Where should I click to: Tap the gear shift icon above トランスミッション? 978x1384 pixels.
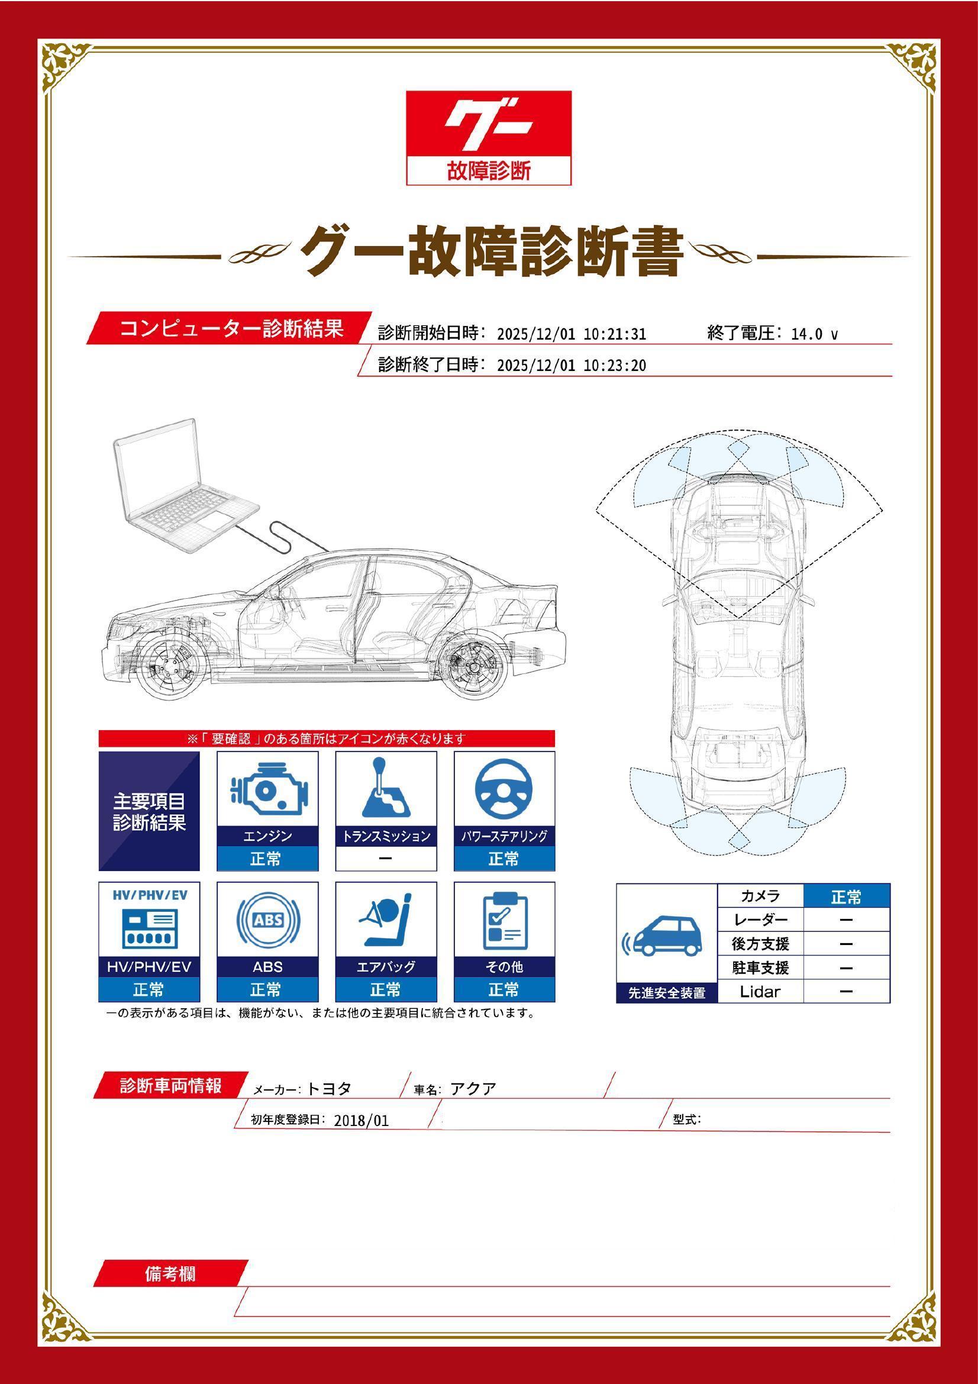(386, 790)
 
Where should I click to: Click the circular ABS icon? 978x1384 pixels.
(267, 921)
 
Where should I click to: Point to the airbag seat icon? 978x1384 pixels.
(386, 921)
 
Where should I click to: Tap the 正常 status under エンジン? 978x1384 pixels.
(267, 859)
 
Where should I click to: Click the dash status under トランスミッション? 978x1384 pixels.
(386, 859)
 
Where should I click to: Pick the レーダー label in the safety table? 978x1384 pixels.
(760, 920)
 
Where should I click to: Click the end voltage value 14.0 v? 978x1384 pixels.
(814, 334)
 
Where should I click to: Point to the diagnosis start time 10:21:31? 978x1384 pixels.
(614, 334)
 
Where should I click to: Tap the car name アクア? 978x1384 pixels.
(473, 1089)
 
